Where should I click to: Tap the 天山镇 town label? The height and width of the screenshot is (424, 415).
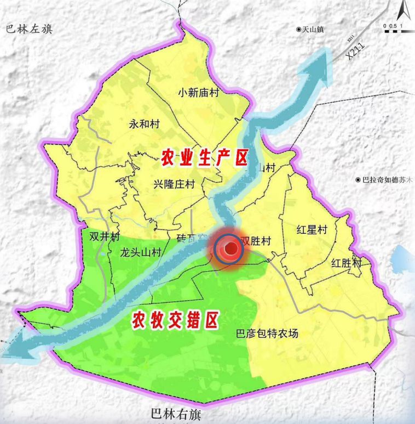(310, 29)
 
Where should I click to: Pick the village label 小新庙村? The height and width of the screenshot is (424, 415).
(198, 93)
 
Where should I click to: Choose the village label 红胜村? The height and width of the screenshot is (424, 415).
(347, 263)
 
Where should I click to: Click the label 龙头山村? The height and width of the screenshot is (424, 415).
(141, 253)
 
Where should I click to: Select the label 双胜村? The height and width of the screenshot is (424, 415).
(256, 241)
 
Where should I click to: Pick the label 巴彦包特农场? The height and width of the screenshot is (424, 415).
(267, 333)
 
